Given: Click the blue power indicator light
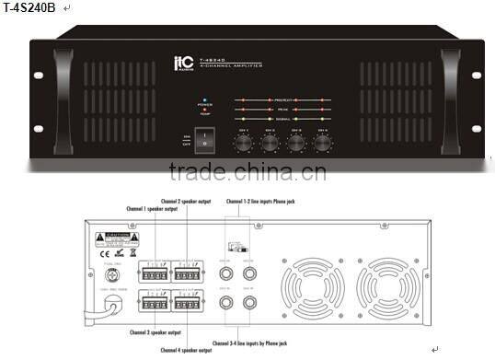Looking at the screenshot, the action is point(204,98).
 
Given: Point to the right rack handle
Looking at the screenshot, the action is point(450,92).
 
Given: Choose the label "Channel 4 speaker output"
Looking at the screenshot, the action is point(185,351).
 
